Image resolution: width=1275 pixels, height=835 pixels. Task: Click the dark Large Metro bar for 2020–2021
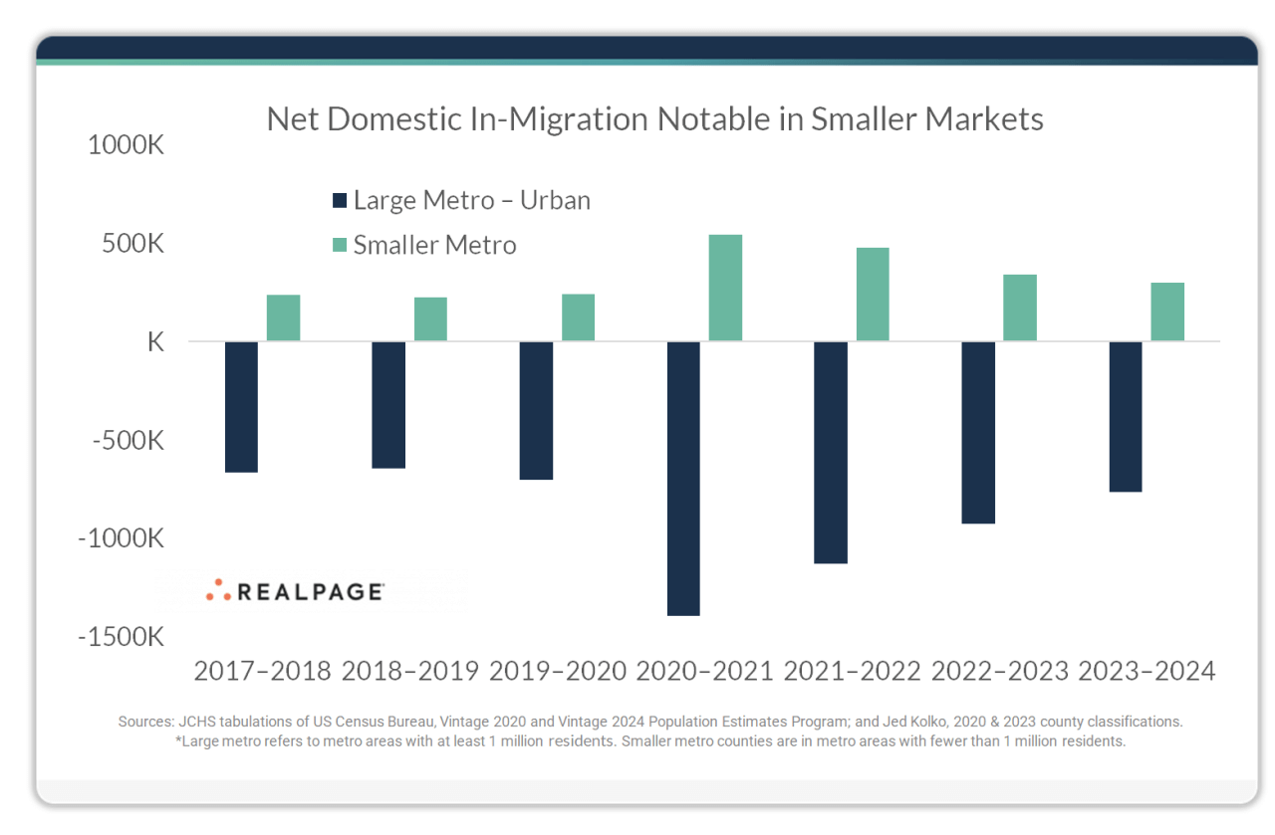[683, 478]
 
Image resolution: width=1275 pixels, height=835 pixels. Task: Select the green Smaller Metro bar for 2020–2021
[725, 289]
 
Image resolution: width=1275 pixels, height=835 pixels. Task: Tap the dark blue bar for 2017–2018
[241, 406]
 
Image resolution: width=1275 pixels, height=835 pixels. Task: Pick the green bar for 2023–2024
[1167, 312]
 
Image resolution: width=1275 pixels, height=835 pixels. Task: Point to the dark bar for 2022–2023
[978, 432]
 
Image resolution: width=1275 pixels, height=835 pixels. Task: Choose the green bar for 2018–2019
[430, 319]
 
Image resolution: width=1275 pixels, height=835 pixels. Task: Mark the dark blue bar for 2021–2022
[831, 452]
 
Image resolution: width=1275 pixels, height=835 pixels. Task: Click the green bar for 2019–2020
[578, 317]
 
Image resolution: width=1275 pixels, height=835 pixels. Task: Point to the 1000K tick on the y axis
[126, 145]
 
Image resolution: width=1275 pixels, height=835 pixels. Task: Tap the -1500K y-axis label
[121, 636]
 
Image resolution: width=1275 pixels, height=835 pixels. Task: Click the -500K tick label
[126, 440]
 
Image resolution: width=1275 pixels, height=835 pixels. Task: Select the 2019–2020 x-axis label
[558, 671]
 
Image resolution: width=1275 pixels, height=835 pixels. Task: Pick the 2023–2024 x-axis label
[1147, 671]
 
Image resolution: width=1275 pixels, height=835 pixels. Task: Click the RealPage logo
[295, 591]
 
